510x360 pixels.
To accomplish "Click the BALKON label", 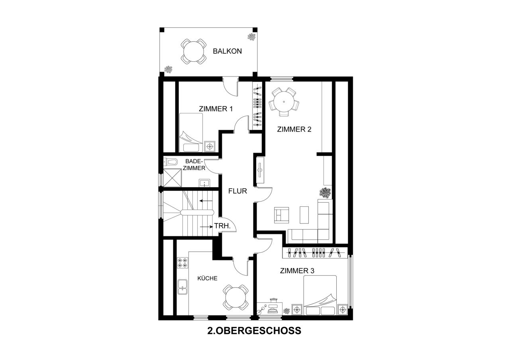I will pyautogui.click(x=227, y=51).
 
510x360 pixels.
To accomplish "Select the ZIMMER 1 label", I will pyautogui.click(x=216, y=108).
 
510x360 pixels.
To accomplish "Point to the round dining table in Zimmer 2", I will pyautogui.click(x=284, y=102).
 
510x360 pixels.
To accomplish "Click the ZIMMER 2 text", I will pyautogui.click(x=294, y=129).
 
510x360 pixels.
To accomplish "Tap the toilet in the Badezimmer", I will pyautogui.click(x=171, y=162).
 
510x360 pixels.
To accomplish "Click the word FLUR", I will pyautogui.click(x=237, y=191).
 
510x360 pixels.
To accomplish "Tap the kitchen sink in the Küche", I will pyautogui.click(x=183, y=286).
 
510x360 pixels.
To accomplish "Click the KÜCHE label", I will pyautogui.click(x=208, y=278).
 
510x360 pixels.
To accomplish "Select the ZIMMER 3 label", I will pyautogui.click(x=297, y=271).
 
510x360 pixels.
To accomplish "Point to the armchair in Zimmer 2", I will pyautogui.click(x=282, y=215).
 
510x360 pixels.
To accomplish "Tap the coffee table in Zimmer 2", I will pyautogui.click(x=304, y=215).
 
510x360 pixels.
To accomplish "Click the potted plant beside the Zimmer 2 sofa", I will pyautogui.click(x=326, y=192).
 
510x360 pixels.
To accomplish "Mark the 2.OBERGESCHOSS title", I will pyautogui.click(x=254, y=331).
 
